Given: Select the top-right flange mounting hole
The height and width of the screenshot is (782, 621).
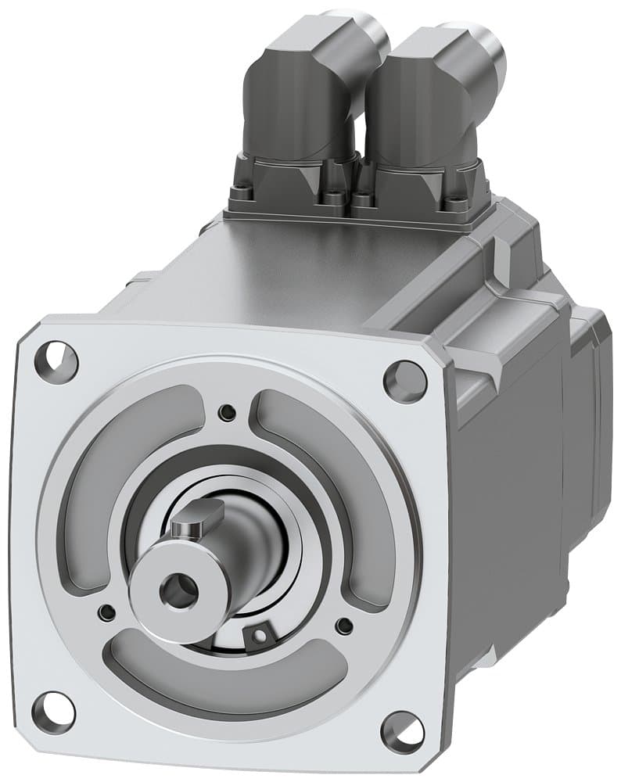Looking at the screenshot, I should point(405,381).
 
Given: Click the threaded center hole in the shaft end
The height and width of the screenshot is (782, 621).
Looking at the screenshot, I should point(178,590).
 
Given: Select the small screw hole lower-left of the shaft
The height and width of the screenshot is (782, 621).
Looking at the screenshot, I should point(107,611).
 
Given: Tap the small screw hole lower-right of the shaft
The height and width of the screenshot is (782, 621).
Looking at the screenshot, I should point(343,626).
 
